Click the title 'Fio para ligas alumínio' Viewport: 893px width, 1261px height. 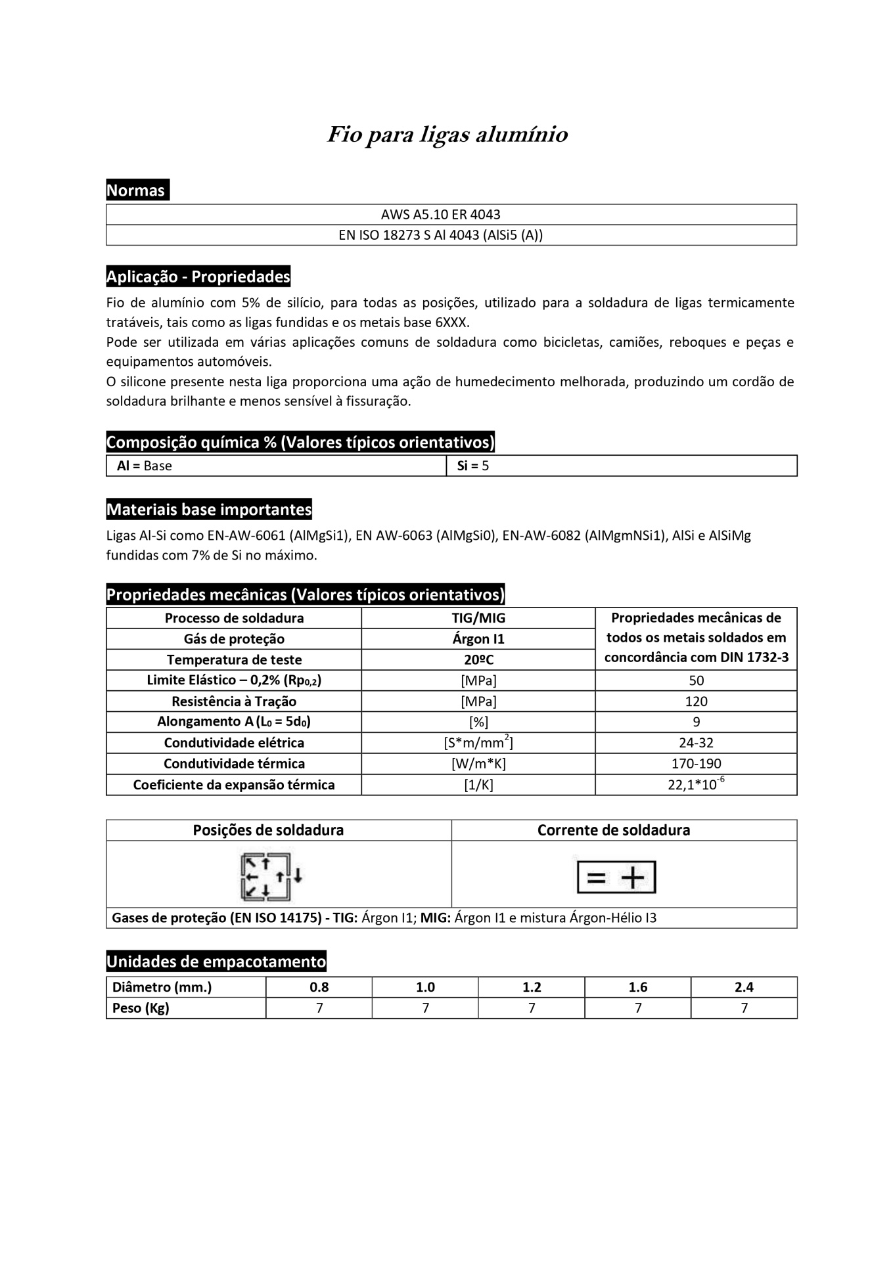447,135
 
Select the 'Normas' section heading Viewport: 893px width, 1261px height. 136,190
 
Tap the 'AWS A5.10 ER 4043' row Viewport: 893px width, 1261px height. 440,215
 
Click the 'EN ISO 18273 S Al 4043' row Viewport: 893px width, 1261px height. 440,235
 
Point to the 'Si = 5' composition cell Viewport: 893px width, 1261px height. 473,466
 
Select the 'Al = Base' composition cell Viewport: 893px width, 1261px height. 145,466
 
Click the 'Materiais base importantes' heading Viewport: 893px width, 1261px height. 209,510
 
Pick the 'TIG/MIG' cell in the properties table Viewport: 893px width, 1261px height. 478,618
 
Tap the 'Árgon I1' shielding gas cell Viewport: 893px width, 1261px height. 478,639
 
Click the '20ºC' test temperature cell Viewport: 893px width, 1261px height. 478,659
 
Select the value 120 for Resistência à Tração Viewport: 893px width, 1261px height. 696,701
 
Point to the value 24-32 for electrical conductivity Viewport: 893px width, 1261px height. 696,743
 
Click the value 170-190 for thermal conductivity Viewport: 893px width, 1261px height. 696,764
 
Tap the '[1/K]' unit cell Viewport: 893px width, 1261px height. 478,785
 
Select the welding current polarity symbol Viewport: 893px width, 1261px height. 616,877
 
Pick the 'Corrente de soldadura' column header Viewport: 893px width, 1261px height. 614,830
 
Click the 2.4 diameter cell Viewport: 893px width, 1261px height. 744,987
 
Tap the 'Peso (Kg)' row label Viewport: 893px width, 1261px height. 141,1008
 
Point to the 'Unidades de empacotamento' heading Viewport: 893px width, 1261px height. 216,962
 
